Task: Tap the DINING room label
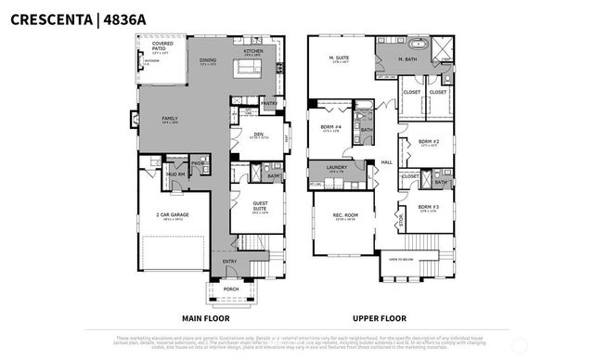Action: (x=208, y=60)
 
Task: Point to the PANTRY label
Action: (x=270, y=104)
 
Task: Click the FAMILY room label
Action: (x=170, y=120)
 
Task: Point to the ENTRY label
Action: (x=230, y=262)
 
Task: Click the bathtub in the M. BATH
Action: (x=415, y=44)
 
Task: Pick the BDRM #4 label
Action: (x=331, y=128)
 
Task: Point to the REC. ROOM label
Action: (x=344, y=216)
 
